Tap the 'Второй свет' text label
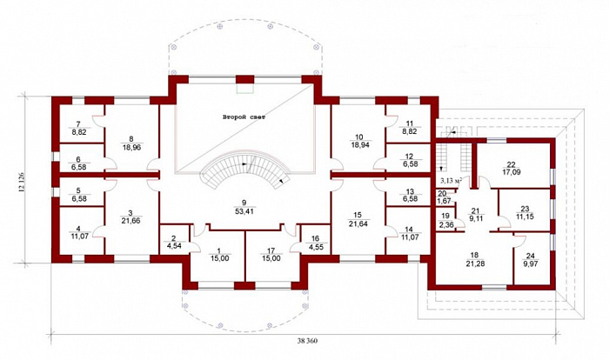[244, 117]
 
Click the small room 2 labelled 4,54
[174, 242]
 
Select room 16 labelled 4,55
[315, 242]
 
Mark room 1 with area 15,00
[218, 255]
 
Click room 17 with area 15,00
[271, 255]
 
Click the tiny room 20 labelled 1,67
[442, 197]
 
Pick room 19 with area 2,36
[445, 219]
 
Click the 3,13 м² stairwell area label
[451, 180]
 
